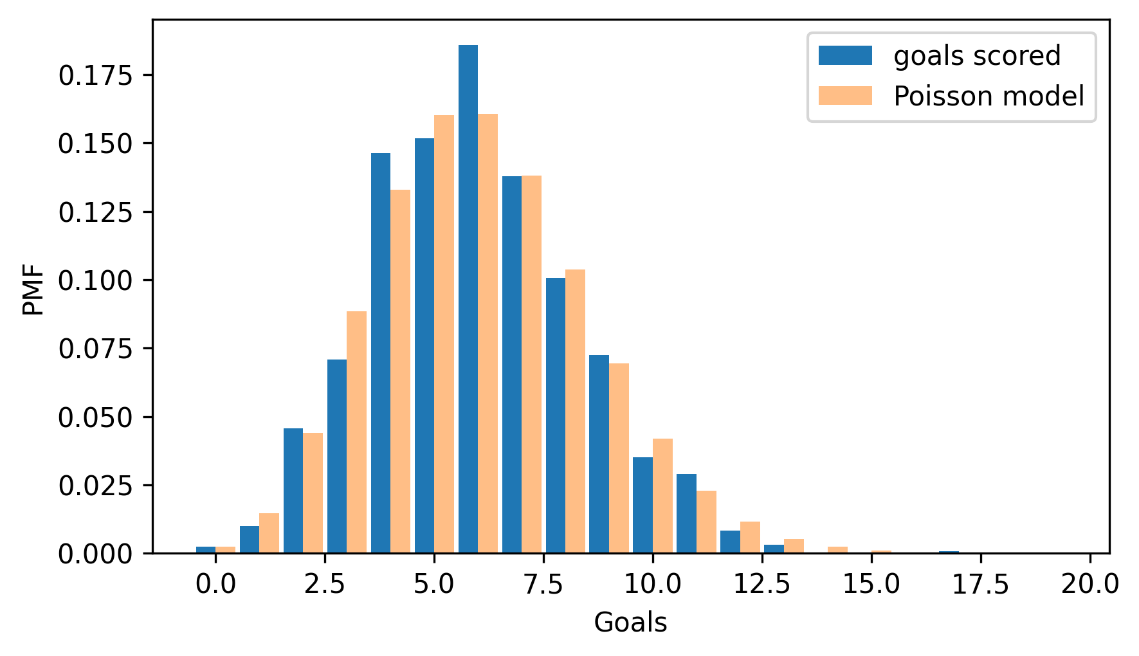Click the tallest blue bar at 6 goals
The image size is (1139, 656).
coord(468,299)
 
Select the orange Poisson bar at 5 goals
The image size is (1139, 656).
coord(444,334)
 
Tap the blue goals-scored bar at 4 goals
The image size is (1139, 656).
coord(381,353)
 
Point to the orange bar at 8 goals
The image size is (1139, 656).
coord(575,412)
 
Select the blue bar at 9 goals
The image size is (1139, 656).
coord(599,454)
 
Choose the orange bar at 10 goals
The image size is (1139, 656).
coord(662,496)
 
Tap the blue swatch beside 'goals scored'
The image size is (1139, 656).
coord(844,56)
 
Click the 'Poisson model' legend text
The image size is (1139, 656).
coord(989,96)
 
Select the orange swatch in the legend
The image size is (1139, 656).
coord(844,96)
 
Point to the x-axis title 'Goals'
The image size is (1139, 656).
coord(630,623)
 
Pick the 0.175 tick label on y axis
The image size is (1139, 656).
coord(95,76)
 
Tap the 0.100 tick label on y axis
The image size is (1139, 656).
coord(95,280)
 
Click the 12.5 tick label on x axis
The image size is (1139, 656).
coord(762,585)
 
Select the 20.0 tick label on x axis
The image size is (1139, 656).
coord(1089,585)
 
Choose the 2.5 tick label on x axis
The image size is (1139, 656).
coord(325,585)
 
